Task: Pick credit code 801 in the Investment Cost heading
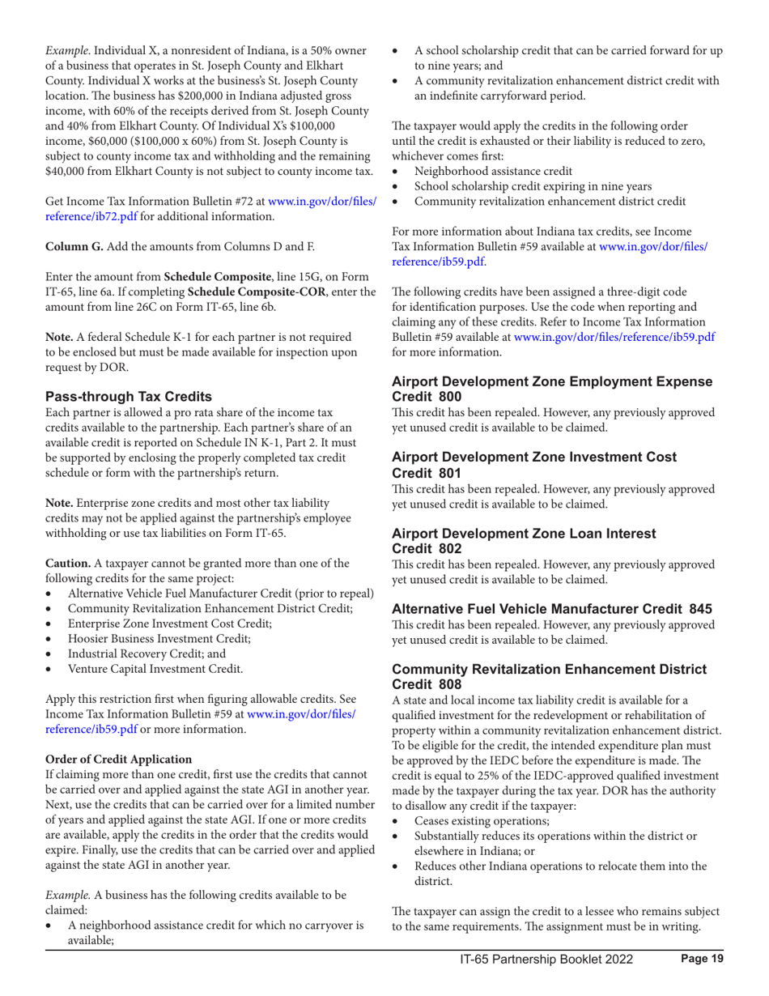pyautogui.click(x=452, y=470)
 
